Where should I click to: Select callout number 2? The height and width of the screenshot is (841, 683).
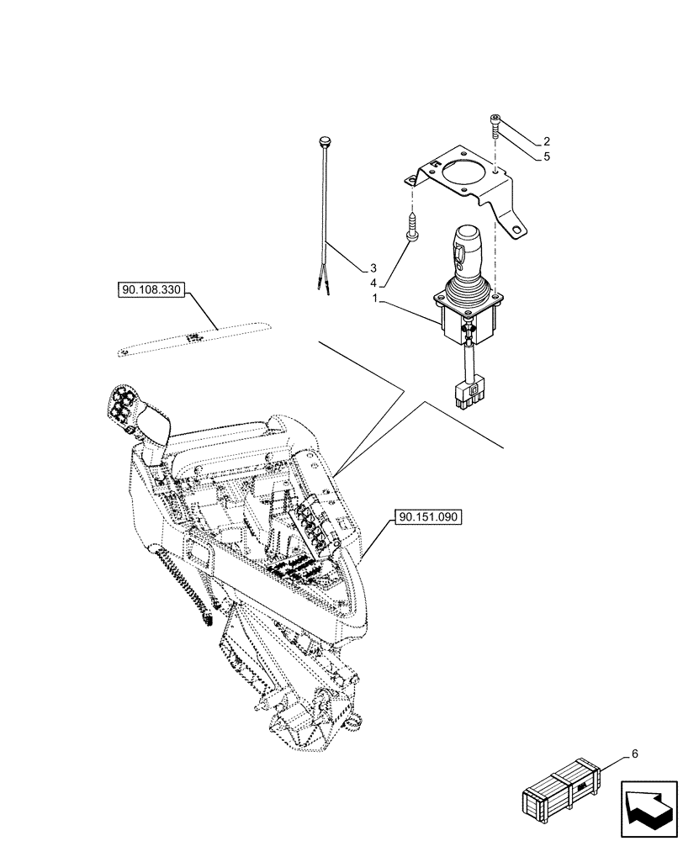[x=547, y=141]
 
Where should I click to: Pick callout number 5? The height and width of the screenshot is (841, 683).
[x=547, y=156]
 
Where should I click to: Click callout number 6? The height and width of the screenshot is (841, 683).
[x=634, y=754]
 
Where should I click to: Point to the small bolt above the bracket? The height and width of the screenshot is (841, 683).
[x=493, y=126]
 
